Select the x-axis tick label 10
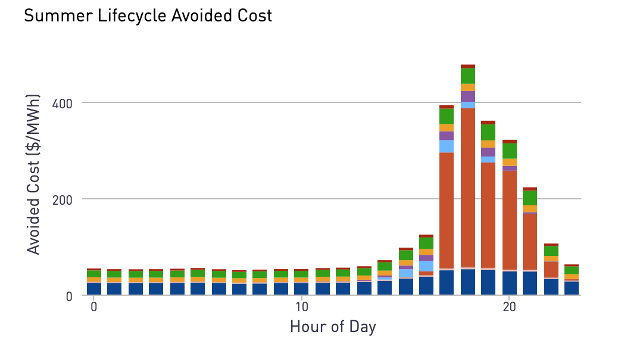[x=301, y=306]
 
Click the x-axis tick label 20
[x=509, y=306]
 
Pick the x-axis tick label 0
[x=94, y=306]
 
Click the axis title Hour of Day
[x=333, y=327]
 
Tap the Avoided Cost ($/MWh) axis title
[x=34, y=174]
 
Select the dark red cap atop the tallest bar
[x=467, y=67]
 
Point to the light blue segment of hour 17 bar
[x=447, y=146]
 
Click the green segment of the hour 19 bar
[x=488, y=132]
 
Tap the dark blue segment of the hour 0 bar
[x=94, y=289]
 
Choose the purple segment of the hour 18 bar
[x=467, y=96]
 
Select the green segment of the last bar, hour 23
[x=572, y=270]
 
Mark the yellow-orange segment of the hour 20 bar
[x=509, y=162]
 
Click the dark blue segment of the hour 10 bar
[x=301, y=289]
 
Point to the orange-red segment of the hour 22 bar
[x=551, y=270]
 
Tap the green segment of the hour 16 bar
[x=426, y=243]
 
